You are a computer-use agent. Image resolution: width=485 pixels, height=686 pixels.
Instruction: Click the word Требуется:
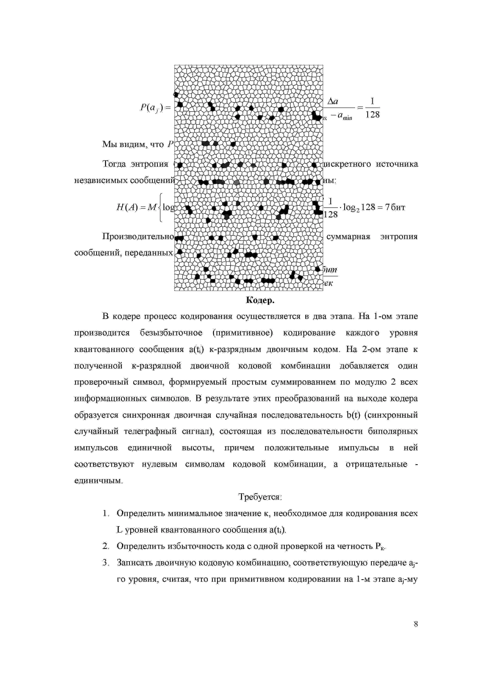coord(260,497)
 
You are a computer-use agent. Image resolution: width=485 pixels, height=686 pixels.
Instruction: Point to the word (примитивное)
coord(243,333)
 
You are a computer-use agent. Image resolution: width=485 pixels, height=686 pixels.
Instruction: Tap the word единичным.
coord(98,481)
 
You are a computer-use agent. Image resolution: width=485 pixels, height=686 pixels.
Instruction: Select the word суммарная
coord(348,237)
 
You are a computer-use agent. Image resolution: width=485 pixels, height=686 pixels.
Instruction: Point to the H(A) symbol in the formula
coord(127,207)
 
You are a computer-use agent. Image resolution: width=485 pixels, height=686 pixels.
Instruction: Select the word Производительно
coord(138,237)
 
